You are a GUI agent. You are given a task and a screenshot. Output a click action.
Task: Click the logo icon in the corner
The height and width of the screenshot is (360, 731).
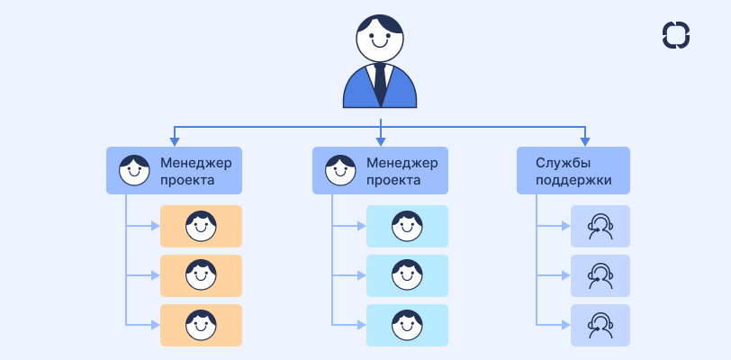(675, 34)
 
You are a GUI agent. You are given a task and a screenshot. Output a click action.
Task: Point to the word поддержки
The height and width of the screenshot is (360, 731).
(573, 180)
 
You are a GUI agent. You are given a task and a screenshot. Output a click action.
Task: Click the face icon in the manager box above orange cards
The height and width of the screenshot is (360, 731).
(134, 170)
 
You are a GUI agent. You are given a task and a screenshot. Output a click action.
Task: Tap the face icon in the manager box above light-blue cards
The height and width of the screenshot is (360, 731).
(339, 170)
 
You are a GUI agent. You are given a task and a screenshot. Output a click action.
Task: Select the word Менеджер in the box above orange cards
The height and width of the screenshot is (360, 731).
(196, 163)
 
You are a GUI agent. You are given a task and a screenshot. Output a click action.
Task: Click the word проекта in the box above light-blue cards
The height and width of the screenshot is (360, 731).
(393, 180)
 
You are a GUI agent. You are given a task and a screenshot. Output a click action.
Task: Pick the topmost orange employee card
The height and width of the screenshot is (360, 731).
(201, 226)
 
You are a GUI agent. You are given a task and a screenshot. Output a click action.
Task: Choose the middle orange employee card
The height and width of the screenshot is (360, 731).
(201, 275)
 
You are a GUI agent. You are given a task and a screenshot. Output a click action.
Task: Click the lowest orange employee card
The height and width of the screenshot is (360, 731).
(201, 325)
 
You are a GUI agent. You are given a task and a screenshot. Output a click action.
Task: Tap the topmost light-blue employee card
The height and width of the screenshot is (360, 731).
(407, 226)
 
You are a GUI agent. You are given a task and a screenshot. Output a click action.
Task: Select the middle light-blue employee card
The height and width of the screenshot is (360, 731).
(407, 275)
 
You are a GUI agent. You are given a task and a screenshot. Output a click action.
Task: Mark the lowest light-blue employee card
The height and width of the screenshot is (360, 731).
(407, 325)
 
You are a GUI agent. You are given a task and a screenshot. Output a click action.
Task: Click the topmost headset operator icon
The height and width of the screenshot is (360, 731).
(600, 226)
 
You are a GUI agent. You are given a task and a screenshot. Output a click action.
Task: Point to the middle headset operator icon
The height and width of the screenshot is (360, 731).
(600, 275)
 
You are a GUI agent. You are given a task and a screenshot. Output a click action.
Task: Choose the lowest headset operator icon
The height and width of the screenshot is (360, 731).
(600, 325)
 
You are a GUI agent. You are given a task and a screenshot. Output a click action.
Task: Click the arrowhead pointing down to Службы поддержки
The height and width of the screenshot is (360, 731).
(586, 140)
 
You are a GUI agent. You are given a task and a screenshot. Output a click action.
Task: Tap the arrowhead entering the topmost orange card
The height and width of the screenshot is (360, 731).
(156, 226)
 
